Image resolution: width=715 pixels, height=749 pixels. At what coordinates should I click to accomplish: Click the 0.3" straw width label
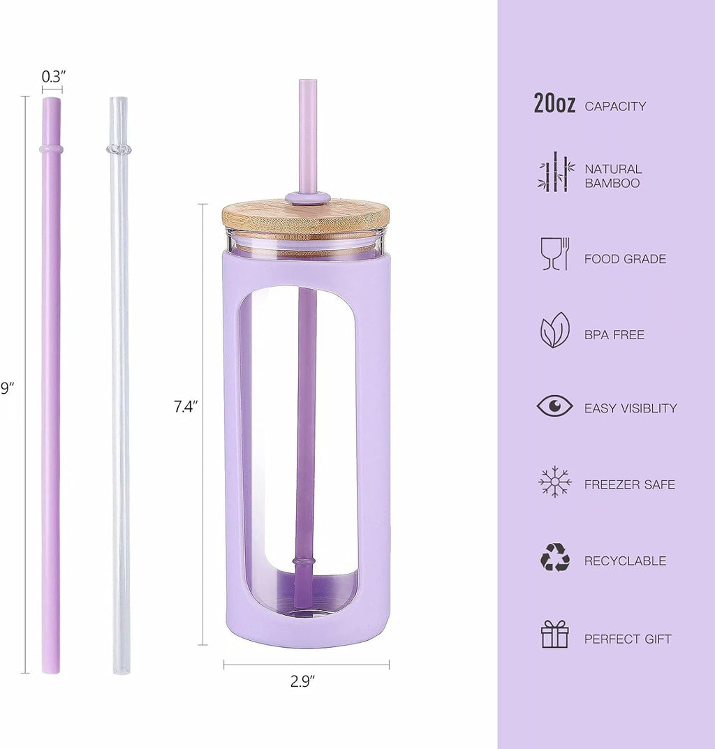53,77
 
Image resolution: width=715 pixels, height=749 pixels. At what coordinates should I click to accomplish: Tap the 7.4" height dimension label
186,407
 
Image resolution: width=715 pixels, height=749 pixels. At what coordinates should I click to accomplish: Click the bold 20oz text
554,105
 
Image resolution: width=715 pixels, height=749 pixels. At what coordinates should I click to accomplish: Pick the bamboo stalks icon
556,172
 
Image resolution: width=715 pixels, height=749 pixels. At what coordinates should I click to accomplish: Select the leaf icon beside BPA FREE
555,330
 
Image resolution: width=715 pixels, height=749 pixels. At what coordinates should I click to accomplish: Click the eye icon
555,406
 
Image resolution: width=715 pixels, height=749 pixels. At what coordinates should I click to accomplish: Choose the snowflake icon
555,482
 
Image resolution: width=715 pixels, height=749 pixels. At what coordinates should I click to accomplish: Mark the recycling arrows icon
555,558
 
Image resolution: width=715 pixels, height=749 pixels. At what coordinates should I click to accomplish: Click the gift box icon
555,635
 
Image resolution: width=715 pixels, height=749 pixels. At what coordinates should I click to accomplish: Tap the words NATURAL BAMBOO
612,176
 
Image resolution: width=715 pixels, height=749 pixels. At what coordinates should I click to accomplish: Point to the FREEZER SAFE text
629,484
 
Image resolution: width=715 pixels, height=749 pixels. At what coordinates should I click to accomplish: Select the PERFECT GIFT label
628,639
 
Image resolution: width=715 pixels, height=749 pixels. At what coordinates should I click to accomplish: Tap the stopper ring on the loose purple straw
51,149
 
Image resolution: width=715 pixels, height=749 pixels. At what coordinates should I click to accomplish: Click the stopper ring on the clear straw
119,149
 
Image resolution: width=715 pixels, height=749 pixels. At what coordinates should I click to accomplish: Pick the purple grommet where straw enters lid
308,198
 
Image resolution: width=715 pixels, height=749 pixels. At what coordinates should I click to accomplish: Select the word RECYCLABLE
625,561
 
